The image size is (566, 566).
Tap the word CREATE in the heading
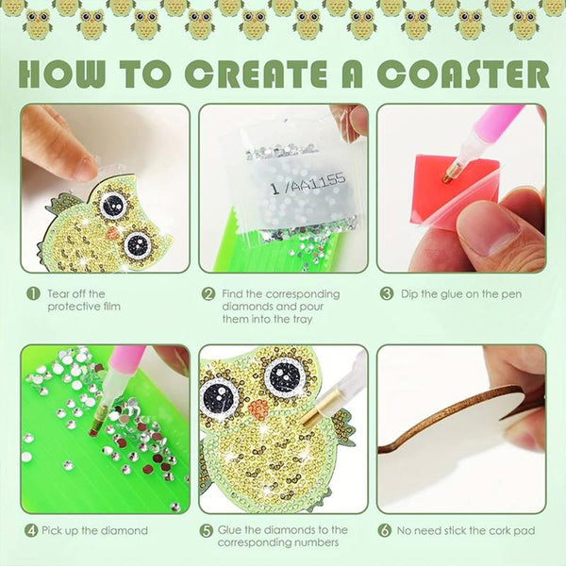click(x=257, y=74)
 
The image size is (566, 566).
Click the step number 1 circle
click(x=33, y=293)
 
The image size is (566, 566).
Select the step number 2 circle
click(x=208, y=294)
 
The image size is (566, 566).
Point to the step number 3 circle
click(x=387, y=293)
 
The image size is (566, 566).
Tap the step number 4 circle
click(x=31, y=530)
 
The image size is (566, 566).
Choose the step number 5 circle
click(x=207, y=531)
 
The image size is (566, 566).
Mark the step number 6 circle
click(x=385, y=530)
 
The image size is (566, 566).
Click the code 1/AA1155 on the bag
click(x=308, y=183)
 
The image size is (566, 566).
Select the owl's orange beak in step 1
click(x=113, y=233)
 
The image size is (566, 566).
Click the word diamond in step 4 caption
click(x=125, y=530)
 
